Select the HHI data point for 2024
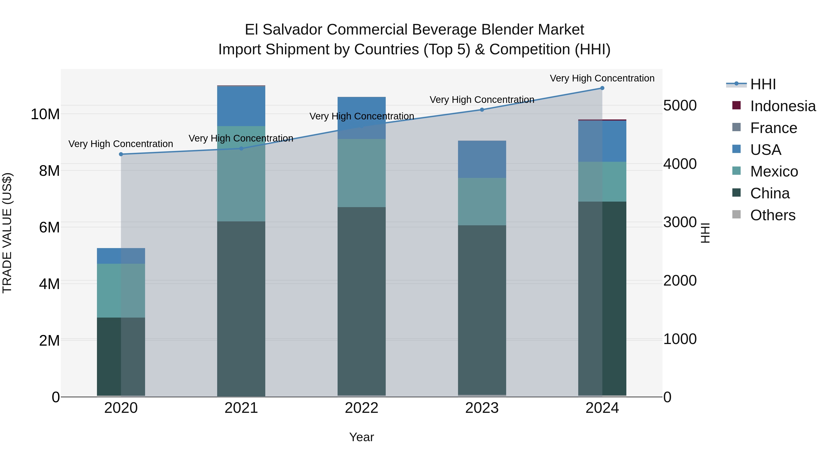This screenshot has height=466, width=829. pyautogui.click(x=602, y=88)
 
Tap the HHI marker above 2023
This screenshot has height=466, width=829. pyautogui.click(x=482, y=110)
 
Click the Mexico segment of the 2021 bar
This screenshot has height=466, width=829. pyautogui.click(x=241, y=174)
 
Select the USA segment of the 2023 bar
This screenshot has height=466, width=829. pyautogui.click(x=482, y=159)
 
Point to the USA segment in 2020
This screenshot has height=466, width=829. pyautogui.click(x=121, y=256)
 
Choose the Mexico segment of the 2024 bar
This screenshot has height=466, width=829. pyautogui.click(x=602, y=182)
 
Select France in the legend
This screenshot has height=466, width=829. pyautogui.click(x=773, y=128)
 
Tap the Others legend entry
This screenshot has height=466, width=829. pyautogui.click(x=772, y=215)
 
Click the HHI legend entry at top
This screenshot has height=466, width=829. pyautogui.click(x=763, y=84)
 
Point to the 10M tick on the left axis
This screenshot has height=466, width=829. pyautogui.click(x=45, y=114)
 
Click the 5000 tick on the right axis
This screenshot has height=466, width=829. pyautogui.click(x=680, y=105)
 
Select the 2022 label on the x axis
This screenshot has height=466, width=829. pyautogui.click(x=361, y=408)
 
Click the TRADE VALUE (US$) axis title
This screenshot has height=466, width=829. pyautogui.click(x=7, y=233)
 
